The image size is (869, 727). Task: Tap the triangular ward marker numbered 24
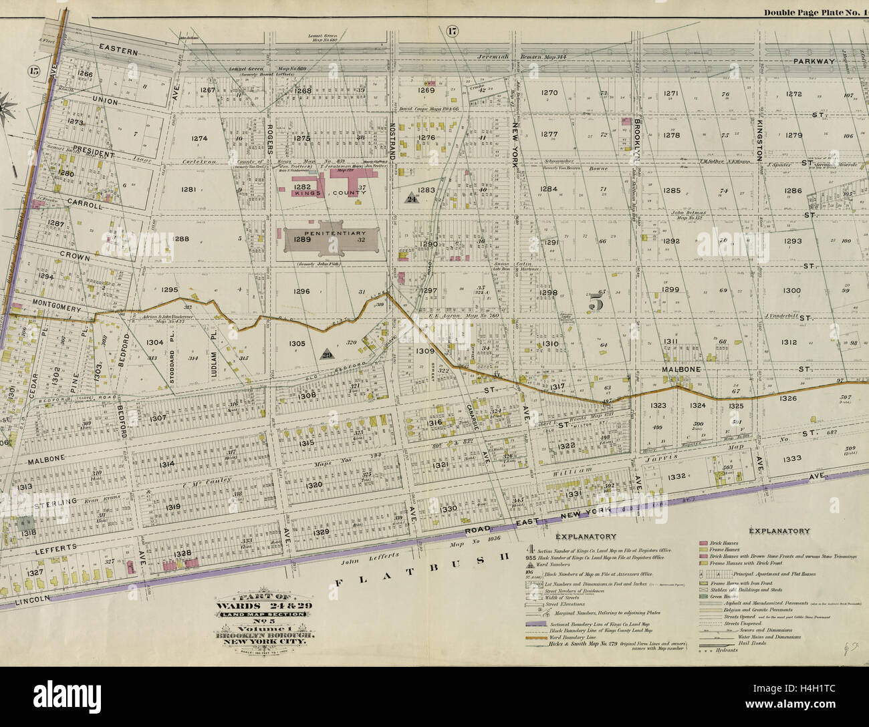tap(412, 198)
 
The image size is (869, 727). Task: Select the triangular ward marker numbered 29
tap(327, 355)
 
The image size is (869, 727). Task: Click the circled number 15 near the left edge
tap(34, 71)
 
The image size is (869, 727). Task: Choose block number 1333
tap(791, 459)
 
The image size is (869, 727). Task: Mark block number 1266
tap(85, 74)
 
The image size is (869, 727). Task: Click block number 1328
tap(182, 553)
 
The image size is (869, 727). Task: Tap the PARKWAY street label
tap(814, 61)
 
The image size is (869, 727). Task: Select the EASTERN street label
tap(118, 50)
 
